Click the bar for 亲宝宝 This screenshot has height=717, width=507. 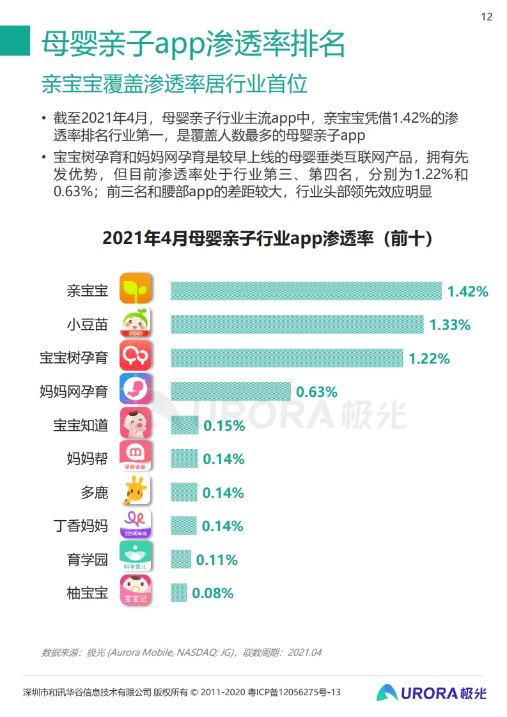tap(306, 291)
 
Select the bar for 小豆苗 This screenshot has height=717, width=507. tap(297, 324)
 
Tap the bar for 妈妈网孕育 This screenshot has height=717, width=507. tap(230, 391)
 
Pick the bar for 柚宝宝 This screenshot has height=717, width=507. tap(178, 592)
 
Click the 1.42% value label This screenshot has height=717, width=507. tap(467, 291)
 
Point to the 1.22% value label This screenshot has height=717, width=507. tap(429, 358)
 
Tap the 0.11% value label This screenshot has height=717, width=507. tap(217, 560)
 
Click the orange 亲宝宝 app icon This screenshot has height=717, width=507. tap(136, 288)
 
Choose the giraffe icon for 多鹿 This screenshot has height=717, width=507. tap(136, 491)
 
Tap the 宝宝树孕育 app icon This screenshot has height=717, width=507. tap(136, 355)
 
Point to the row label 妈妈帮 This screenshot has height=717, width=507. tap(87, 459)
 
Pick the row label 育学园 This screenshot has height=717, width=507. tap(87, 560)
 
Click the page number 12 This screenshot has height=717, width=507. tap(487, 17)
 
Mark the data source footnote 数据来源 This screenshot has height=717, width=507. tap(182, 652)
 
